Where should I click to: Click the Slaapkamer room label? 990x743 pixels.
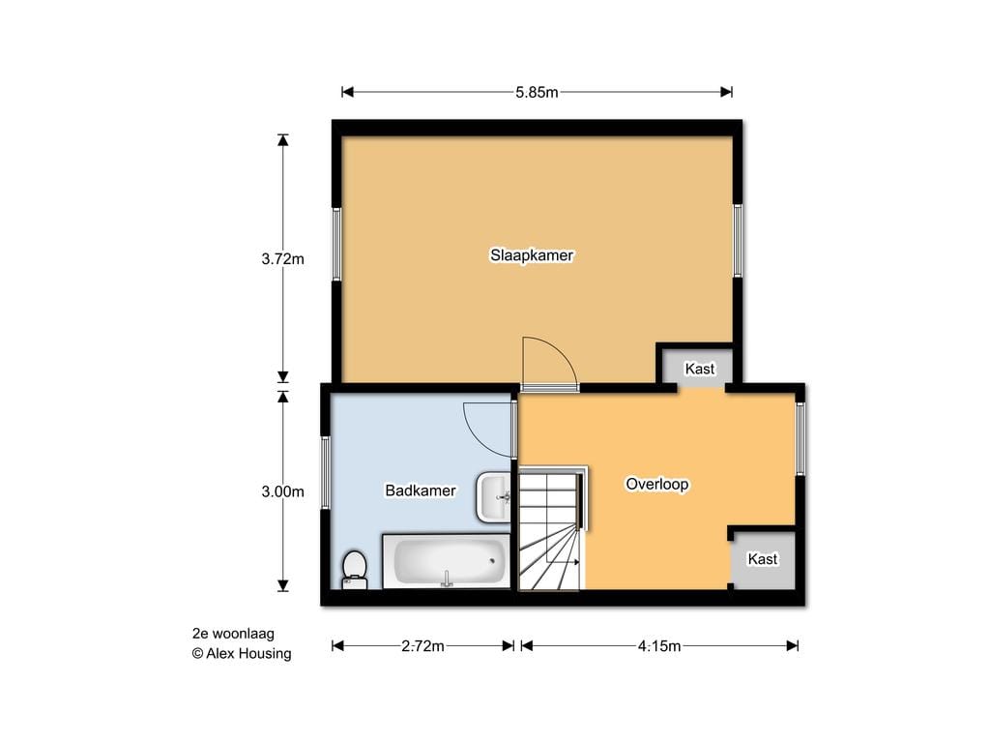click(x=532, y=255)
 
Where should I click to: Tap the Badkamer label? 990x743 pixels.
click(x=421, y=490)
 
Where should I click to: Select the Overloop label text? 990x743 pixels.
click(x=657, y=485)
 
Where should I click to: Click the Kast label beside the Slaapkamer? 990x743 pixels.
click(x=700, y=369)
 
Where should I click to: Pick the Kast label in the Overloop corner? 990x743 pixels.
click(x=763, y=559)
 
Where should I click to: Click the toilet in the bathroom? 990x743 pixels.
click(x=354, y=570)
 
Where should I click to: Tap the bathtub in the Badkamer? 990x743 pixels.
click(x=447, y=562)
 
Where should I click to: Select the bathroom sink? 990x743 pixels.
click(x=494, y=497)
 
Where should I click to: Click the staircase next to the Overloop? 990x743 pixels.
click(x=552, y=529)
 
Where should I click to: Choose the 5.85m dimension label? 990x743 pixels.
click(x=537, y=92)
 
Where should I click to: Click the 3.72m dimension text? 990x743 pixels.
click(x=283, y=259)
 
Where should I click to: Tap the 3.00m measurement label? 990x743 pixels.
click(x=283, y=491)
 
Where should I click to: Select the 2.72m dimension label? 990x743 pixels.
click(x=422, y=645)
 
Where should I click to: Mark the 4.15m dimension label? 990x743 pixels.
click(x=659, y=645)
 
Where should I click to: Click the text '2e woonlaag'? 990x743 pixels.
click(x=234, y=633)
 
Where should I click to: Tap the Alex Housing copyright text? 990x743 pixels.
click(x=242, y=653)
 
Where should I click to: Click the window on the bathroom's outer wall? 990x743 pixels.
click(x=326, y=472)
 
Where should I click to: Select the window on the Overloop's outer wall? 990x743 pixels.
click(x=800, y=438)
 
